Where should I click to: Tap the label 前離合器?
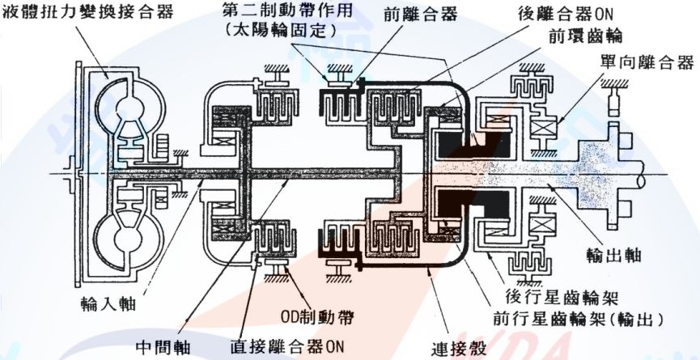point(403,14)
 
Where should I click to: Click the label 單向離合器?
point(647,61)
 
